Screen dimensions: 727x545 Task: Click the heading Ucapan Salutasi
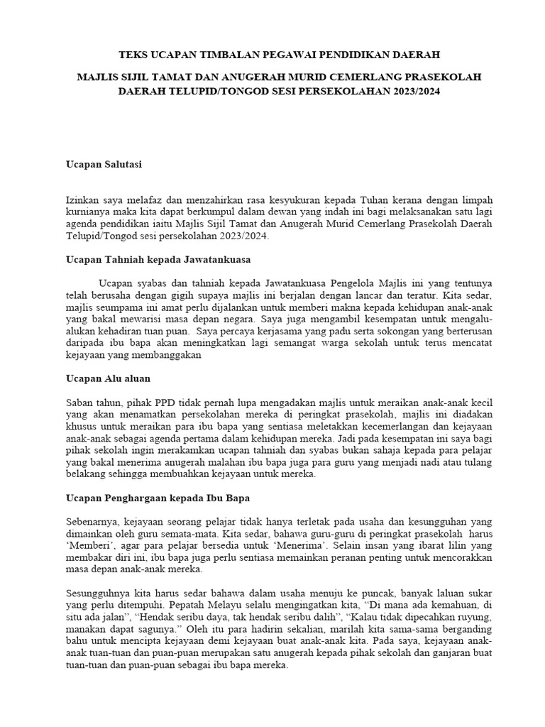tap(104, 164)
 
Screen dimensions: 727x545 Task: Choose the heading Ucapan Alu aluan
tap(107, 378)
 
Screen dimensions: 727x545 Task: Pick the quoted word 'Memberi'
tap(87, 545)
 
